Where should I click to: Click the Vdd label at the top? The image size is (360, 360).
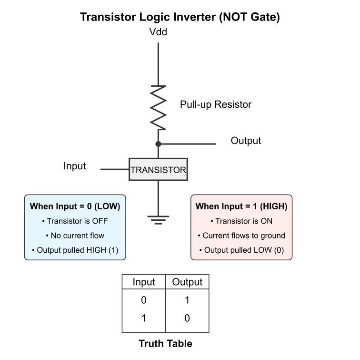[x=158, y=32]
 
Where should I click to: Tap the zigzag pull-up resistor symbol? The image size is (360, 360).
[x=158, y=108]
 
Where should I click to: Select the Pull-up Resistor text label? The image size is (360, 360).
[x=215, y=104]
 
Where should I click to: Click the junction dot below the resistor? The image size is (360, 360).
[x=158, y=144]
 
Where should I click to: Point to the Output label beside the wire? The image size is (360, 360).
[x=246, y=141]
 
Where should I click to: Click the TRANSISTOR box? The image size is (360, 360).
[x=158, y=169]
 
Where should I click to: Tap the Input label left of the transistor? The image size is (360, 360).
[x=75, y=166]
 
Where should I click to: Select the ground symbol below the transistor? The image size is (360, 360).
[x=158, y=220]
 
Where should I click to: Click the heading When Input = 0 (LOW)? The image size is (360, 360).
[x=75, y=206]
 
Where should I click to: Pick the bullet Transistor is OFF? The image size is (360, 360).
[x=75, y=221]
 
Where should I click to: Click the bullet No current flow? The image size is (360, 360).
[x=75, y=236]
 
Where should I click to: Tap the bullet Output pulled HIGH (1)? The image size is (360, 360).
[x=75, y=250]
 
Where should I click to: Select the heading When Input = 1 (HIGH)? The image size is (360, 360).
[x=241, y=206]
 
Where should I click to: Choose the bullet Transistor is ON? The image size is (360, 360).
[x=241, y=221]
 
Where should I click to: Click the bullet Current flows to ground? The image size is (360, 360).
[x=241, y=236]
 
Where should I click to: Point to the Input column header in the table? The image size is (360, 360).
[x=144, y=282]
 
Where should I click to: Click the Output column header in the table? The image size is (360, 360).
[x=187, y=282]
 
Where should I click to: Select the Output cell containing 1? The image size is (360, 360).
[x=187, y=300]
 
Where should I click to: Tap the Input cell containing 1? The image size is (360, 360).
[x=144, y=318]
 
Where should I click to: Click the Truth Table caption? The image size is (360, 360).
[x=165, y=343]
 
